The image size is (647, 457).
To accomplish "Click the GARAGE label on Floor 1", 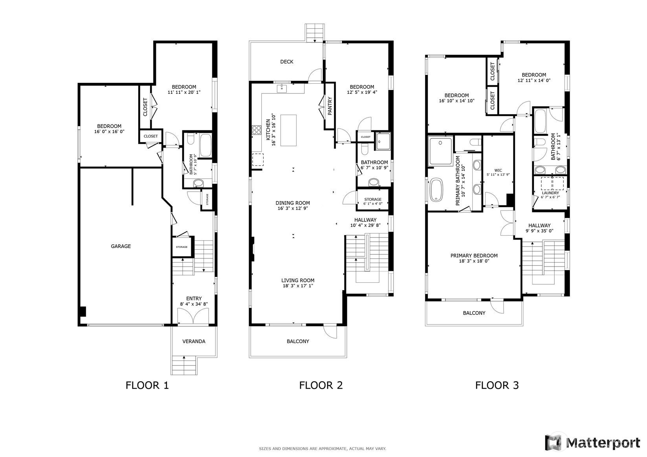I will pos(121,246).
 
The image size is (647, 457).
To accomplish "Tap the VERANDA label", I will pos(194,341).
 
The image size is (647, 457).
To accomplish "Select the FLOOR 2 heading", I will pos(321,385).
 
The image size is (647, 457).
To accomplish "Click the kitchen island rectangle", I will pos(288,130).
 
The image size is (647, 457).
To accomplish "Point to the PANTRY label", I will pos(330,106).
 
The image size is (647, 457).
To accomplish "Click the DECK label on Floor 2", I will pos(286,62).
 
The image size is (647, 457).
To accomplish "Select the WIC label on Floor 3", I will pos(498,170).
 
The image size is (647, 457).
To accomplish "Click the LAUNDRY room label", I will pos(550,193).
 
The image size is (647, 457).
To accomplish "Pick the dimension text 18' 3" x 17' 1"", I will pos(298,286).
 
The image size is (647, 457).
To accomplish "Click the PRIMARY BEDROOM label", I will pos(474,256).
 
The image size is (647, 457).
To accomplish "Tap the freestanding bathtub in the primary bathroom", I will pos(436,190).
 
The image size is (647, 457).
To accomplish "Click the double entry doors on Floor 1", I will pos(192,316).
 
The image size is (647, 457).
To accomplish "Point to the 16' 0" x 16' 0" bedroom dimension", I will pos(109,132).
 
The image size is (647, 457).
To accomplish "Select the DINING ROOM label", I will pos(292,203).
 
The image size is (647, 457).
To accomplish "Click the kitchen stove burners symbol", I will pos(257,130).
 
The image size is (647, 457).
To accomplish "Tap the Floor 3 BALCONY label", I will pos(474,313).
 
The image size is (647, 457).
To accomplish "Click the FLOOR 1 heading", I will pos(147,385).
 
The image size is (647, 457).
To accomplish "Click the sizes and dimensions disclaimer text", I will pos(322,448).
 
